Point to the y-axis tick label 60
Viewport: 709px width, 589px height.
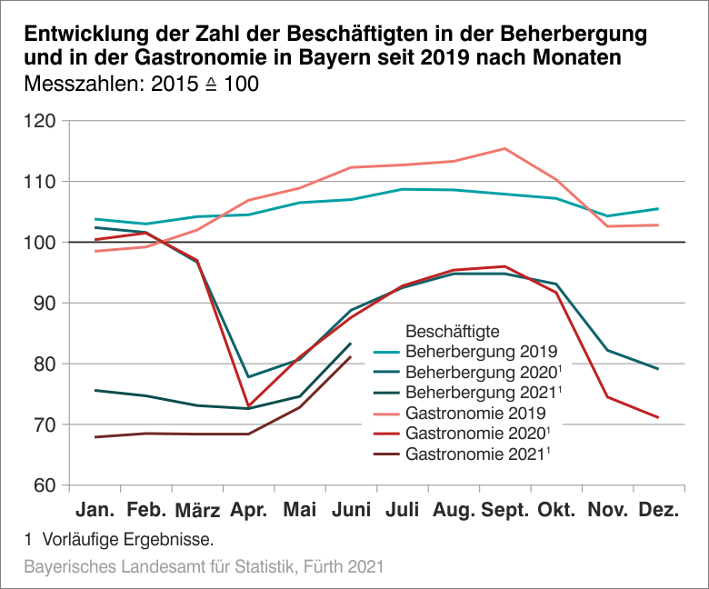(45, 485)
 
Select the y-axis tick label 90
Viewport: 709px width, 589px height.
(45, 303)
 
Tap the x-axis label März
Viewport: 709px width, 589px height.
(197, 511)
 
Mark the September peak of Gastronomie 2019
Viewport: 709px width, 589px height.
(504, 148)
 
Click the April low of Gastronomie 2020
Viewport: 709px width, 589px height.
(248, 406)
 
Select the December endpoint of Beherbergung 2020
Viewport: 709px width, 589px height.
(658, 369)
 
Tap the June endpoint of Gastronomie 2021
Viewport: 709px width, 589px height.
(351, 356)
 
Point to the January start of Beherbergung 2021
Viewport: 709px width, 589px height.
(95, 390)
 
